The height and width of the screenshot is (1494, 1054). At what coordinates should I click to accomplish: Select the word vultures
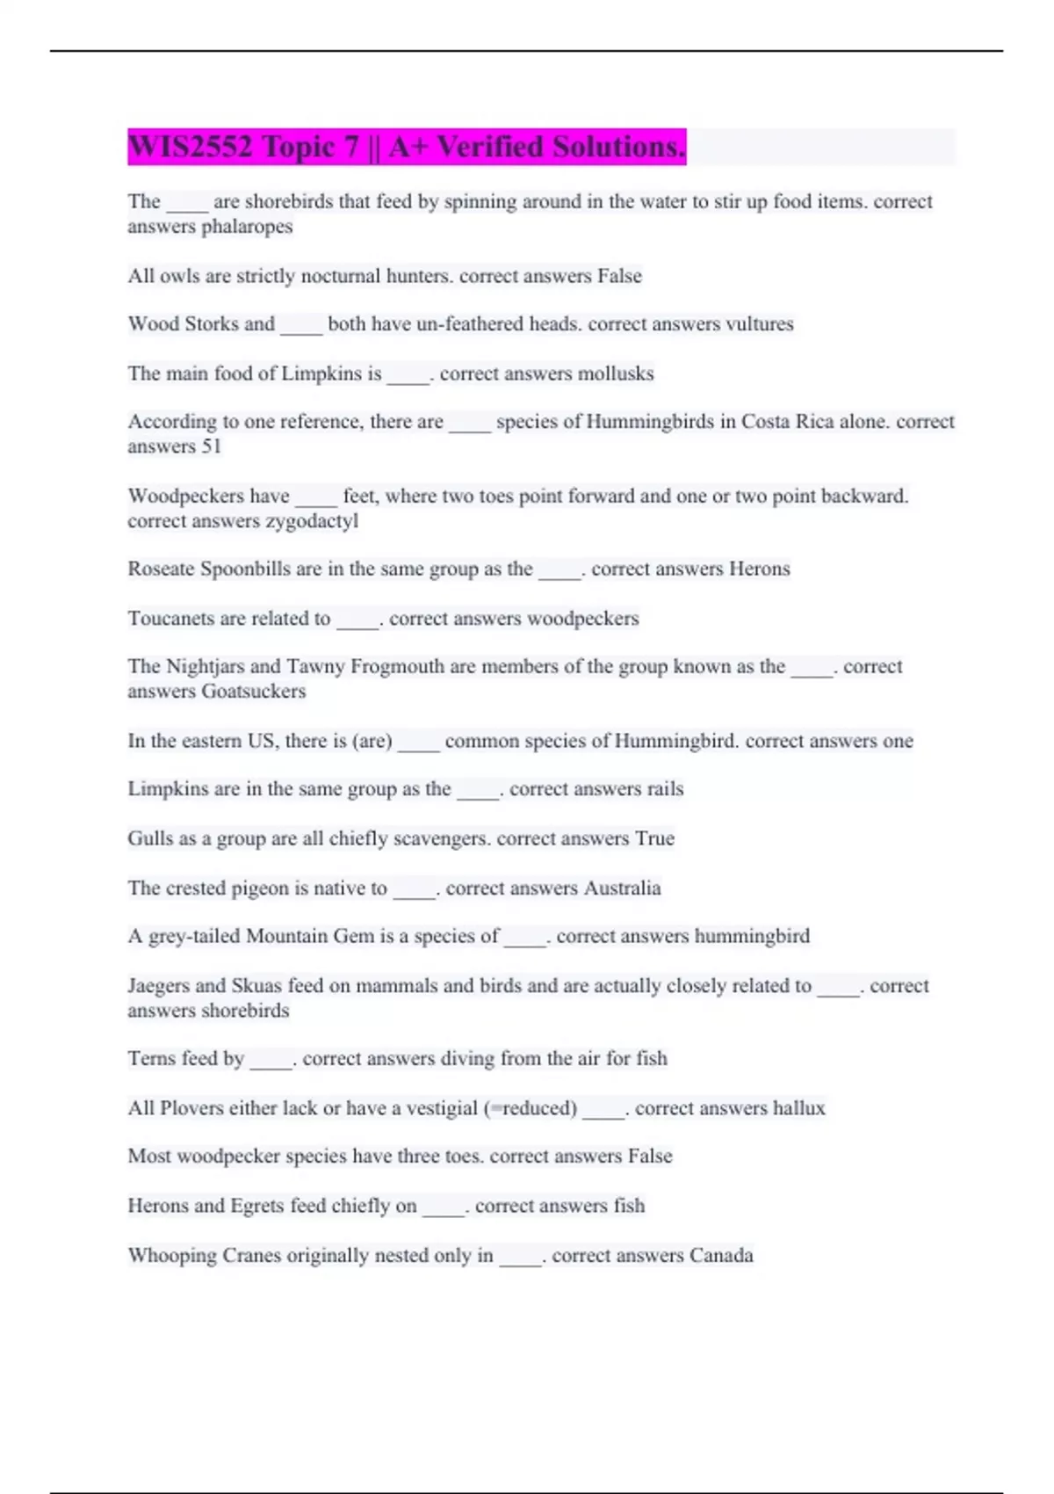(759, 324)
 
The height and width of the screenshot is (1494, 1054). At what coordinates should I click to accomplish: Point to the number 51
(211, 446)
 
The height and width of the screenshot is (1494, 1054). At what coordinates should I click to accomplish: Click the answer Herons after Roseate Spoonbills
(759, 569)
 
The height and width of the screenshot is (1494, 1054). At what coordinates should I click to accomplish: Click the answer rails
(665, 789)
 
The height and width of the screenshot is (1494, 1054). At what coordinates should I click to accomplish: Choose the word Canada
(721, 1256)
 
